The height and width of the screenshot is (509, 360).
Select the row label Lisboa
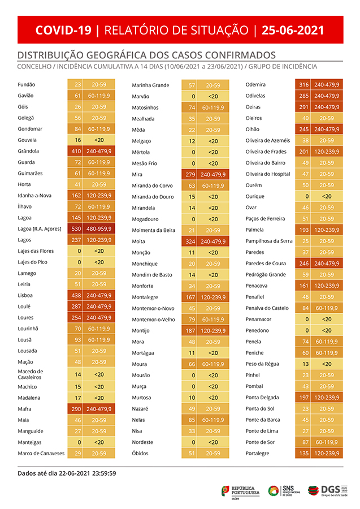(25, 295)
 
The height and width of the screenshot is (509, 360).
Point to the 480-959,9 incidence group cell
(99, 228)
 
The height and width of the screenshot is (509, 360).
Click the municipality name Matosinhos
(145, 107)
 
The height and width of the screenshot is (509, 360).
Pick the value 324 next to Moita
(190, 241)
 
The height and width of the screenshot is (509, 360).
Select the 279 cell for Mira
(190, 174)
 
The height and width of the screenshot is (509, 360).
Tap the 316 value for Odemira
(303, 84)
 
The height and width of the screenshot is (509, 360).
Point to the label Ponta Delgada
(263, 397)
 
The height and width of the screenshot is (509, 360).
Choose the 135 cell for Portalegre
(303, 453)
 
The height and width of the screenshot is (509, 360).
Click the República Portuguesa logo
(240, 490)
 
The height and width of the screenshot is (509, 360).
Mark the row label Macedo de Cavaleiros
(31, 374)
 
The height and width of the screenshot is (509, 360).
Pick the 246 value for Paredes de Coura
(303, 263)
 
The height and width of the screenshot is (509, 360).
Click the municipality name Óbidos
(140, 453)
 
